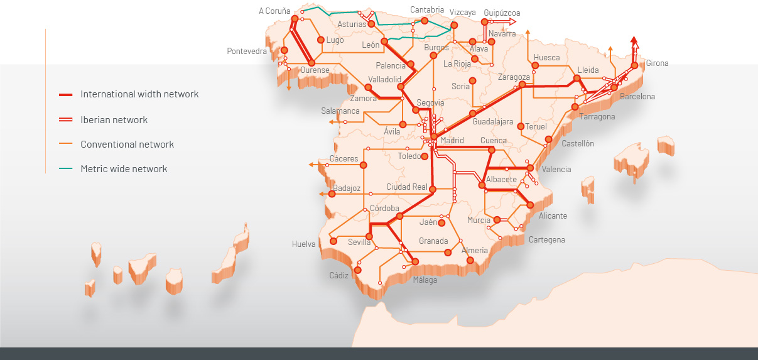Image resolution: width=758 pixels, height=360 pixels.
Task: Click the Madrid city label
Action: (452, 141)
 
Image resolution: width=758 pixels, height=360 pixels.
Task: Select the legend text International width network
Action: (139, 94)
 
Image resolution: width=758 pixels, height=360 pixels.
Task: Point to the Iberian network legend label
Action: (114, 119)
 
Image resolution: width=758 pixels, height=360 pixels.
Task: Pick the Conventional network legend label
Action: (127, 145)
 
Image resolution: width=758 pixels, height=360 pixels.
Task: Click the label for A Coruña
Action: (274, 11)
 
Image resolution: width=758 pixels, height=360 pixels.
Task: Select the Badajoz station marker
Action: (332, 194)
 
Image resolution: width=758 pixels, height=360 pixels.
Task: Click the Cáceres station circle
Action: (363, 165)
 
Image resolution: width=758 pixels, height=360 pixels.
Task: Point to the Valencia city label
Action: (556, 169)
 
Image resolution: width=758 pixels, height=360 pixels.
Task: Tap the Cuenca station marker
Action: (492, 150)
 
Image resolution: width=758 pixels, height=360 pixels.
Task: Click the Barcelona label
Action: (637, 97)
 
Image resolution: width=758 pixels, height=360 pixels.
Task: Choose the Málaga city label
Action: (425, 280)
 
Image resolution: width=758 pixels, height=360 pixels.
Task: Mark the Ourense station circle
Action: (311, 62)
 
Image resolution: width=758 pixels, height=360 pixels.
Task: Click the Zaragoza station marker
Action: (522, 85)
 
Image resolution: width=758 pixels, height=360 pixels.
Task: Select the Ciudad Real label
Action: (406, 187)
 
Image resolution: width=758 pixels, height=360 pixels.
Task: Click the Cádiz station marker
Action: (357, 270)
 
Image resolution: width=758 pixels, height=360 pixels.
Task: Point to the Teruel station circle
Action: (520, 126)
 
